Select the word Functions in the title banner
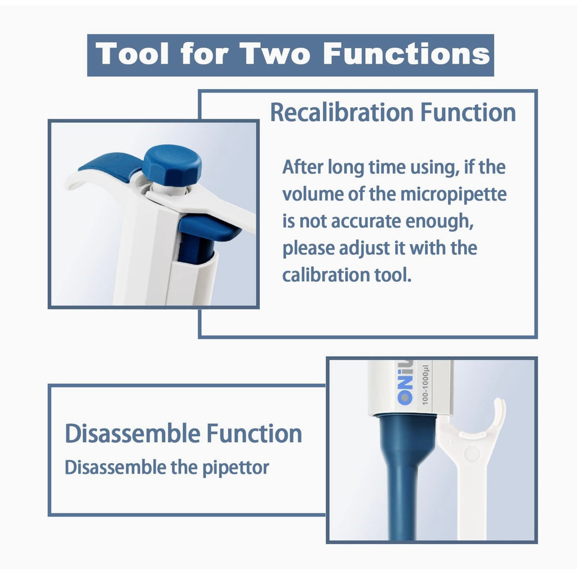click(407, 54)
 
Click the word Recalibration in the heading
click(342, 112)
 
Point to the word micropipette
click(454, 195)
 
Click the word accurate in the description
click(366, 222)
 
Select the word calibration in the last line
click(326, 275)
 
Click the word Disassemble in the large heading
click(132, 433)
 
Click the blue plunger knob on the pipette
click(172, 165)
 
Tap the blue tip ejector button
click(208, 227)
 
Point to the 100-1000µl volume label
click(425, 385)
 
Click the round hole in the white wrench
click(472, 454)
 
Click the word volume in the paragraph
click(312, 195)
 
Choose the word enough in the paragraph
click(440, 222)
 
